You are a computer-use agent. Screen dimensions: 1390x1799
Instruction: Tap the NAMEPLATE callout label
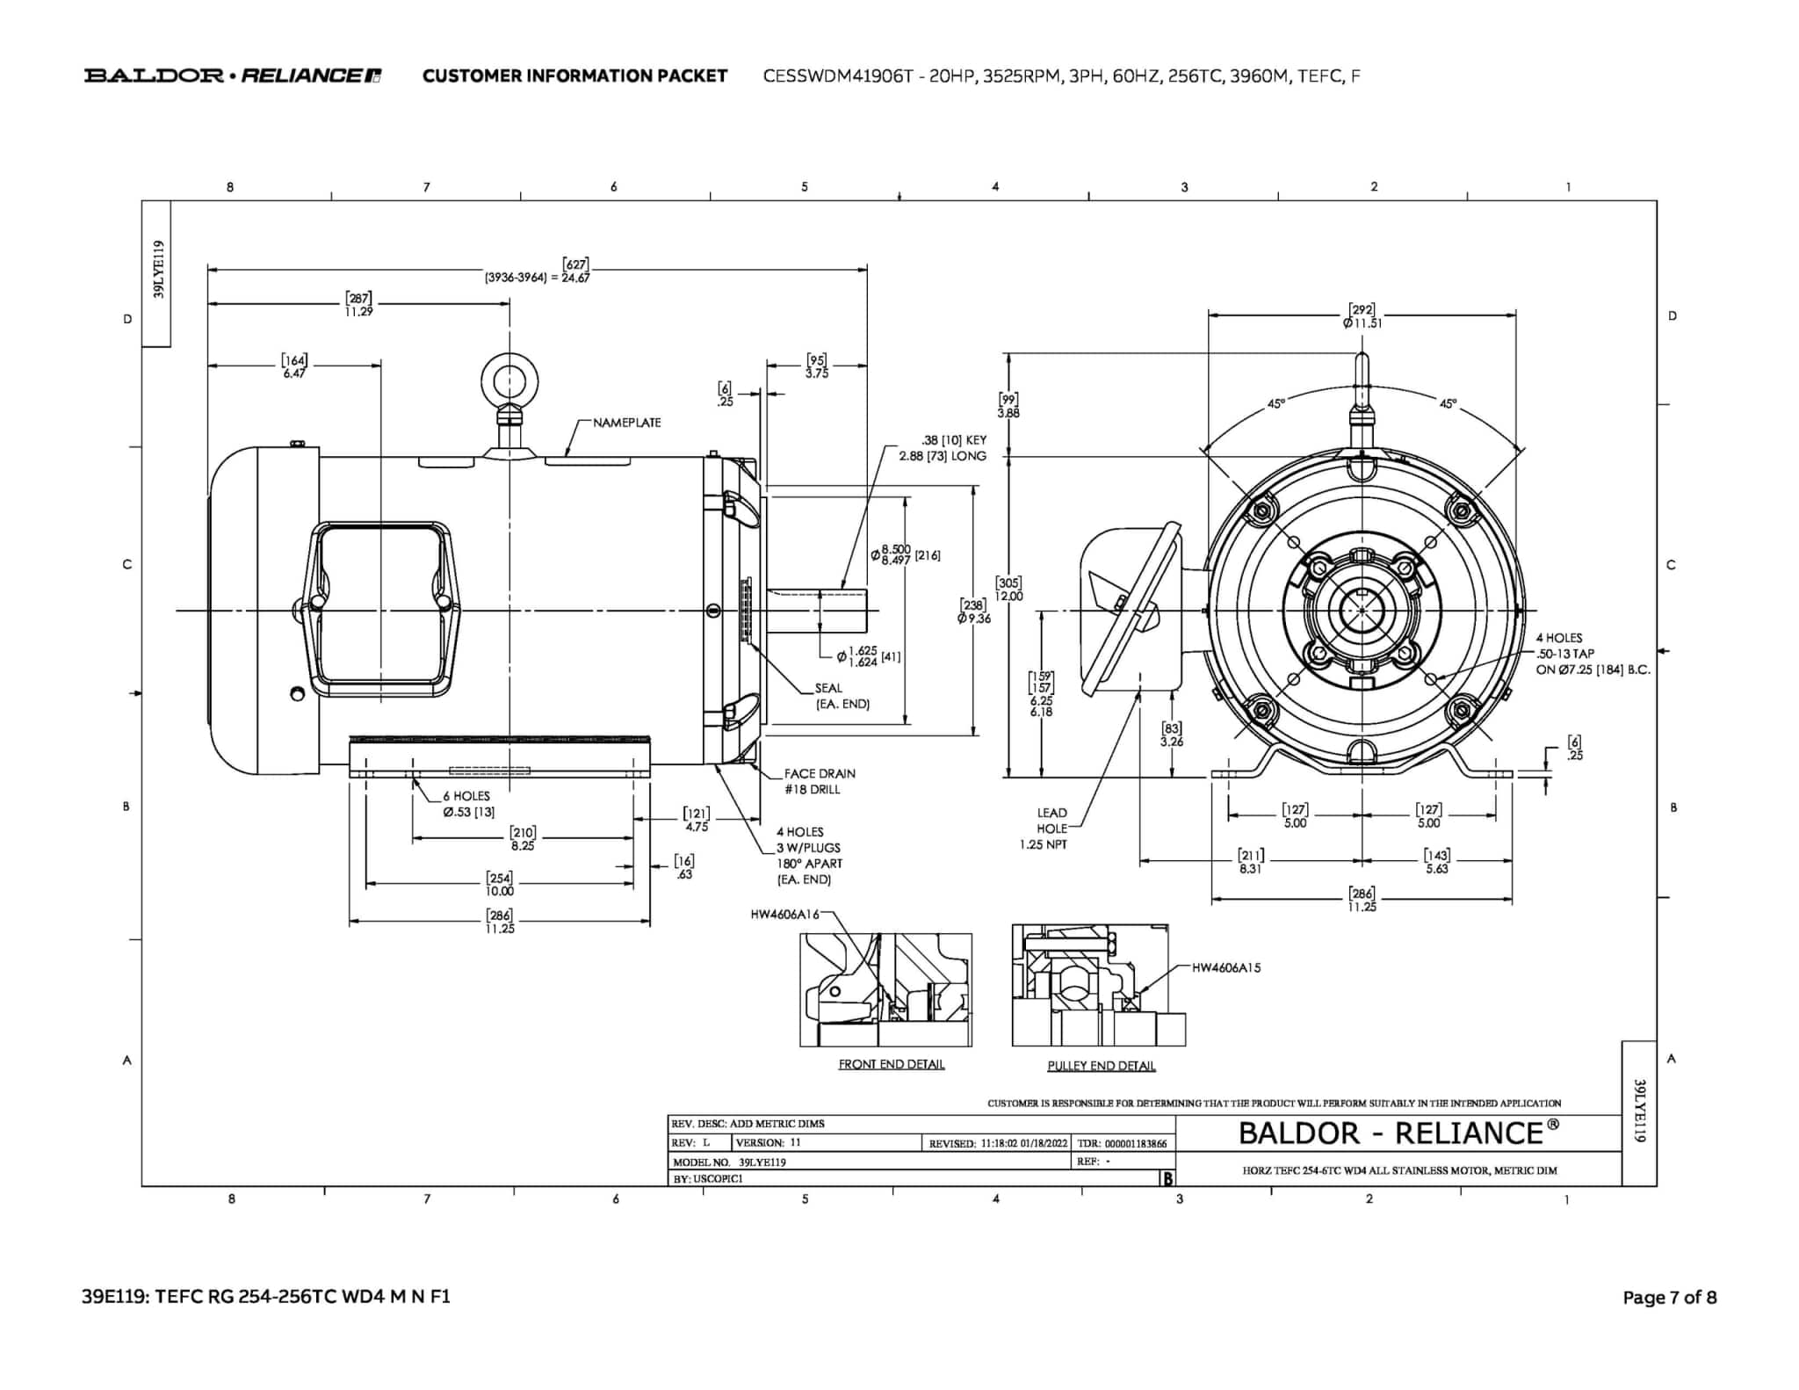pos(626,423)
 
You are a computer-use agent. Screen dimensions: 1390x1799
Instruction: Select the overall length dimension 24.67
pos(575,278)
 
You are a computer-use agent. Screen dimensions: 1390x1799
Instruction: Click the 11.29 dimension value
pos(358,311)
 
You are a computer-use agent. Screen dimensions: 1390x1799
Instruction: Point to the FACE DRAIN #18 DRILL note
pos(819,781)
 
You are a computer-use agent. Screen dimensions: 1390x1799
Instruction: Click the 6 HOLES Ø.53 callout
pos(467,804)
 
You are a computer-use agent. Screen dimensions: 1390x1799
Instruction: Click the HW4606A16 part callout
pos(784,915)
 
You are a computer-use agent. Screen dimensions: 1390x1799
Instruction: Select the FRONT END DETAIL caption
pos(891,1064)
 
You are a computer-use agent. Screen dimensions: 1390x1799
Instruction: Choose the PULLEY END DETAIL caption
pos(1101,1066)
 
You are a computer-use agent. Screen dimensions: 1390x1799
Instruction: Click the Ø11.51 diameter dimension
pos(1362,322)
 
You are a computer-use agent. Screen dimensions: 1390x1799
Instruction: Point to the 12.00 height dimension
pos(1008,596)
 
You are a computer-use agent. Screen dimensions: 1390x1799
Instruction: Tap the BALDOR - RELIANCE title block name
pos(1398,1133)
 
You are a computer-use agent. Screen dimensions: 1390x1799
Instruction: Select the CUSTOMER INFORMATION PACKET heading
pos(574,76)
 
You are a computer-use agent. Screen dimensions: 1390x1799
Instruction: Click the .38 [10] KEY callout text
pos(953,440)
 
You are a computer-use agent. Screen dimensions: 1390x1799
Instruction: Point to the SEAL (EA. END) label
pos(841,696)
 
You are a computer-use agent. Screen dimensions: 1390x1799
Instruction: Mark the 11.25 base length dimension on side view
pos(499,928)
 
